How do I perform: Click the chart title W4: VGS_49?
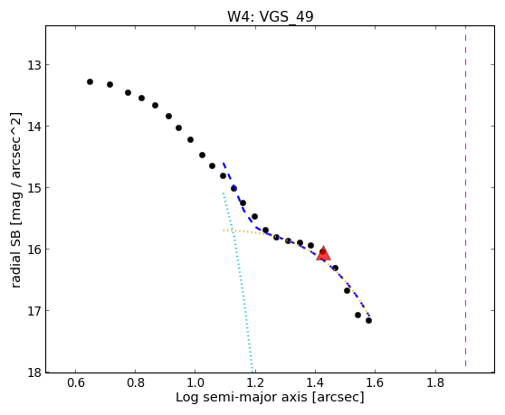click(x=271, y=16)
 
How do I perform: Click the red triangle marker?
click(x=323, y=253)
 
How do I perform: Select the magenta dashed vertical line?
click(x=465, y=196)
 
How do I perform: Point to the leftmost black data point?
click(x=90, y=81)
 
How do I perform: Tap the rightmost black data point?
click(x=368, y=320)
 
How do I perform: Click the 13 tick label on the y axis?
click(x=33, y=65)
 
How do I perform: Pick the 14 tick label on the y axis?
click(x=33, y=127)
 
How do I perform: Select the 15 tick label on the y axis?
click(x=33, y=188)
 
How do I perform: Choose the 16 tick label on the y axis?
click(x=33, y=250)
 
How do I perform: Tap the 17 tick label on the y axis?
click(x=33, y=311)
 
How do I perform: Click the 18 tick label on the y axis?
click(x=33, y=373)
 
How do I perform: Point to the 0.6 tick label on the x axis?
click(x=76, y=382)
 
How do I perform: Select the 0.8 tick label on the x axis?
click(x=136, y=382)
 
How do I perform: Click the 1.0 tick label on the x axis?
click(x=195, y=382)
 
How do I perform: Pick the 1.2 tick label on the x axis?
click(x=255, y=382)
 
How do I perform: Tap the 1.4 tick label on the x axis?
click(x=315, y=382)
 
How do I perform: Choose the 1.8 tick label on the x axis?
click(x=435, y=382)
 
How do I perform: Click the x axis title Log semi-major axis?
click(x=242, y=398)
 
